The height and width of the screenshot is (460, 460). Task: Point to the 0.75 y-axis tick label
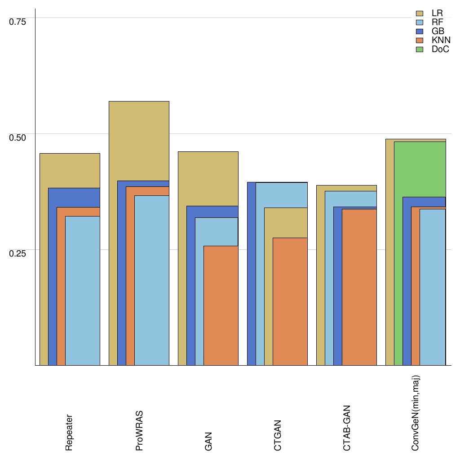[18, 21]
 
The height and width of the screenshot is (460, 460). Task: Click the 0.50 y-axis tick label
[18, 137]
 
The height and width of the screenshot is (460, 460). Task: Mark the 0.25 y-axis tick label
[18, 253]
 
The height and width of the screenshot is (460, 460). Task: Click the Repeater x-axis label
[69, 432]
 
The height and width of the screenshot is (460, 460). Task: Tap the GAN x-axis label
[208, 441]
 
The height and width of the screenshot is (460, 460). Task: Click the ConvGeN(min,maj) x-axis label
[416, 413]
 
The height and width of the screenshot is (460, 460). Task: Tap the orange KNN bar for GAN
[221, 305]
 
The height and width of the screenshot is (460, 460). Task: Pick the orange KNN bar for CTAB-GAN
[359, 287]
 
